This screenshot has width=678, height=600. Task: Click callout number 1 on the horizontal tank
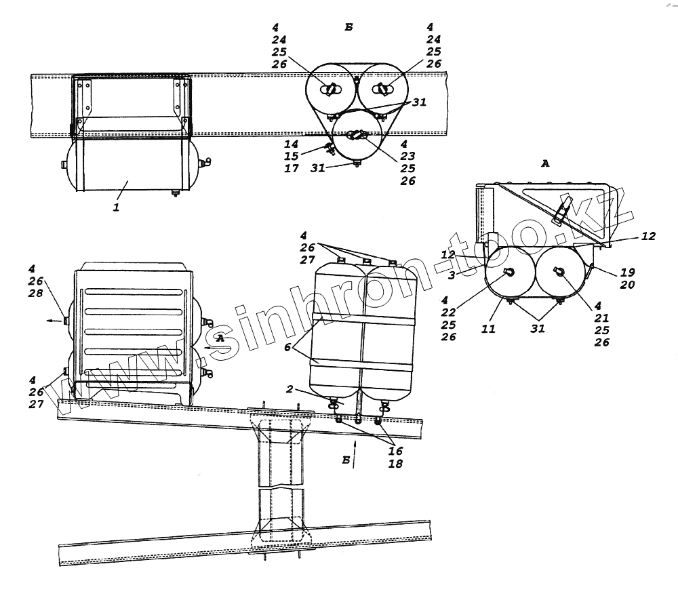coord(116,207)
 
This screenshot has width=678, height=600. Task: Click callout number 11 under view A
coord(489,329)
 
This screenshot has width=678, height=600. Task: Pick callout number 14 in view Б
coord(291,144)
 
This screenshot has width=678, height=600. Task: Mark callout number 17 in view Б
coord(291,169)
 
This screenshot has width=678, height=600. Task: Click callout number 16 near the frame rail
coord(395,450)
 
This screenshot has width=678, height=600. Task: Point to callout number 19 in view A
coord(626,273)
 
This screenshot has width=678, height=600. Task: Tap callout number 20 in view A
coord(626,285)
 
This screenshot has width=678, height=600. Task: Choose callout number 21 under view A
coord(601,318)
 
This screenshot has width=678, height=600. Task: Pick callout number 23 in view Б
coord(407,157)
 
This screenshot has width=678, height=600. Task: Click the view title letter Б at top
coord(348,28)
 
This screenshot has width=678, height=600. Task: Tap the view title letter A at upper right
coord(544,163)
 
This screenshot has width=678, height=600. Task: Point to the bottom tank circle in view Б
coord(356,137)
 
